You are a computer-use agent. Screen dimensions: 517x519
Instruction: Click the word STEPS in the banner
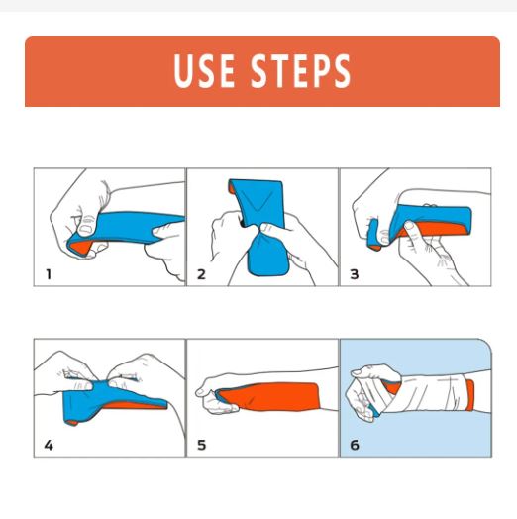300,71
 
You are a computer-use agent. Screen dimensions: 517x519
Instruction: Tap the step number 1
49,274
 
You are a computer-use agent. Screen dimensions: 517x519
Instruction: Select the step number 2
201,274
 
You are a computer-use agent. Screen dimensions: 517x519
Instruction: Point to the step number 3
355,274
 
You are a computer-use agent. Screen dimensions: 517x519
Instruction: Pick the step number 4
49,445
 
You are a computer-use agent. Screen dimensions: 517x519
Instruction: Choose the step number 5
201,445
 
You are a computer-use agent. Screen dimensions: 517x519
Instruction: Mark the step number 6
355,445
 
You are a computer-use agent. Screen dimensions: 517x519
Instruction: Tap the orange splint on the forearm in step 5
271,396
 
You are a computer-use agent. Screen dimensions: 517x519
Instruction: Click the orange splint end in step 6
470,395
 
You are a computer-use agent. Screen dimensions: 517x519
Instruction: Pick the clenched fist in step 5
215,394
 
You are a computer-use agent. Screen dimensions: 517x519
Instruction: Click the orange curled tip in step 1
80,247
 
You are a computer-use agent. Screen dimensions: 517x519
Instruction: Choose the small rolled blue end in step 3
374,235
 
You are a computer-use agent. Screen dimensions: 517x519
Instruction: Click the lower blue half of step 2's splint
268,255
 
